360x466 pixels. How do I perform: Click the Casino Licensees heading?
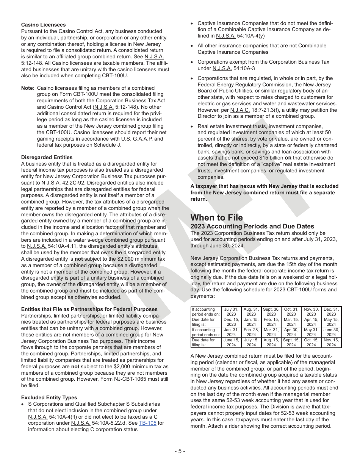point(43,25)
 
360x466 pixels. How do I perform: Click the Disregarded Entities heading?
point(47,157)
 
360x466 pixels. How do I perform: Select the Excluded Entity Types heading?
point(49,397)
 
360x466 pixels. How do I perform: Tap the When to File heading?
point(216,217)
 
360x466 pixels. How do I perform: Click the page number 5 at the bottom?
point(180,451)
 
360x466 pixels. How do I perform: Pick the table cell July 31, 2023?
point(231,312)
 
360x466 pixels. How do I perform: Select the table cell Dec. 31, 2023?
point(331,312)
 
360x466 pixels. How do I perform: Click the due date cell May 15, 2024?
point(331,322)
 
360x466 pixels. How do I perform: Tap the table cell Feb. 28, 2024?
point(251,332)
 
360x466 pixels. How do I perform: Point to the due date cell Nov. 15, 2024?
point(331,342)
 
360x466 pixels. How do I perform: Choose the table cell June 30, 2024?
point(331,332)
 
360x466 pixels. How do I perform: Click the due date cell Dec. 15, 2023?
point(231,322)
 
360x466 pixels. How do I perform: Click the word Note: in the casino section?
point(28,88)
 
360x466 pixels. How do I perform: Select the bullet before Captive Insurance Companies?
point(192,23)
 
